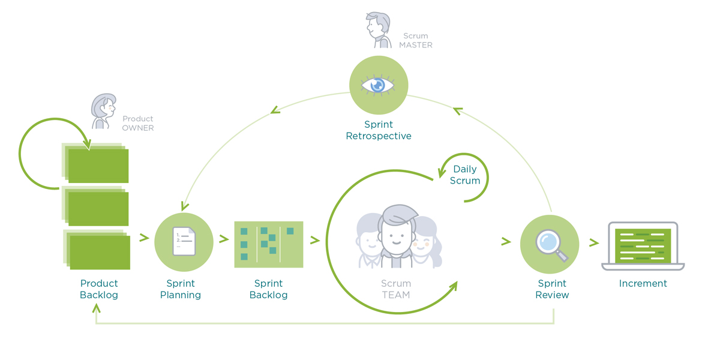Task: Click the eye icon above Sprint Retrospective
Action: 377,85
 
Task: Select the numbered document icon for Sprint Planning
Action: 184,241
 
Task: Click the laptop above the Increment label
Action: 643,246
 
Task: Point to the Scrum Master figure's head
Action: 378,25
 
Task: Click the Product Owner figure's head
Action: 104,106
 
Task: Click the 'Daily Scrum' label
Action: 465,175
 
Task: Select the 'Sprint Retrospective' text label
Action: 379,130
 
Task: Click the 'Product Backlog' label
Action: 99,289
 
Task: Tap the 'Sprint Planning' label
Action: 181,289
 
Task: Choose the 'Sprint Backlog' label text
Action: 268,289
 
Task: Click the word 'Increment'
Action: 643,283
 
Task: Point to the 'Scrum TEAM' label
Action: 395,289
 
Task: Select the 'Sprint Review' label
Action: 552,289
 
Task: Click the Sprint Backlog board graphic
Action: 269,244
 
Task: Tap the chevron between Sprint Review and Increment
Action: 593,242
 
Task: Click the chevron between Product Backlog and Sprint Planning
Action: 144,238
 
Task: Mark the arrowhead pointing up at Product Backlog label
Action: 96,308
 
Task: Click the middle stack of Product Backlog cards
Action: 95,206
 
